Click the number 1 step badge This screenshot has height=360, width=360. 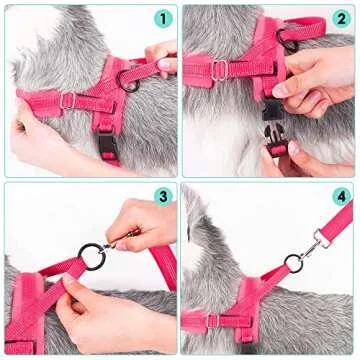point(163,18)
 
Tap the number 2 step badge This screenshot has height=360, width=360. point(340,18)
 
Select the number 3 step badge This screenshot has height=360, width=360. point(163,197)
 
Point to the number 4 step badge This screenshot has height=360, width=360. point(340,197)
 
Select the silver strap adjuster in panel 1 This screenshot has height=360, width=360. point(67,100)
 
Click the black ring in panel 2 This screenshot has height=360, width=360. point(291,38)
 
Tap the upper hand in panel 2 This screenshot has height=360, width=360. point(318,80)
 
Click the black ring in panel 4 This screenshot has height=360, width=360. point(292,263)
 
